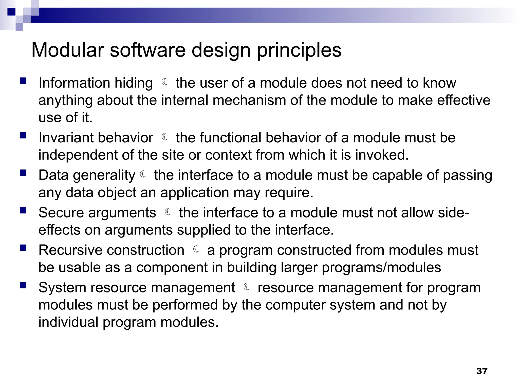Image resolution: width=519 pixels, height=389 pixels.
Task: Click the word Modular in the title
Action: coord(68,50)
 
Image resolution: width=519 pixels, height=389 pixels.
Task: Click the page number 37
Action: coord(482,371)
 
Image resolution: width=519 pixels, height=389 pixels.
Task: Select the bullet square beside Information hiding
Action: coord(23,81)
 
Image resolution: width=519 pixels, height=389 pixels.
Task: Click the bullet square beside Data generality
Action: coord(23,173)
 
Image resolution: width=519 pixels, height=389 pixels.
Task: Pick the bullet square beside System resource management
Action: coord(23,285)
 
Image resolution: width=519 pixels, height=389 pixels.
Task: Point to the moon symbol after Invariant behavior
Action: coord(165,137)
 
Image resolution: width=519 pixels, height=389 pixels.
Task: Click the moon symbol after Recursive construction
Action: coord(196,249)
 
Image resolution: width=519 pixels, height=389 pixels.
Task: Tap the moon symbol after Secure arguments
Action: coord(168,212)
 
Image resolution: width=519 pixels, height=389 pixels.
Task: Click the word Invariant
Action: coord(66,138)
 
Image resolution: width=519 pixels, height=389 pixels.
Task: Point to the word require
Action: coord(289,193)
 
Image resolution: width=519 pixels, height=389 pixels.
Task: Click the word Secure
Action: coord(61,212)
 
